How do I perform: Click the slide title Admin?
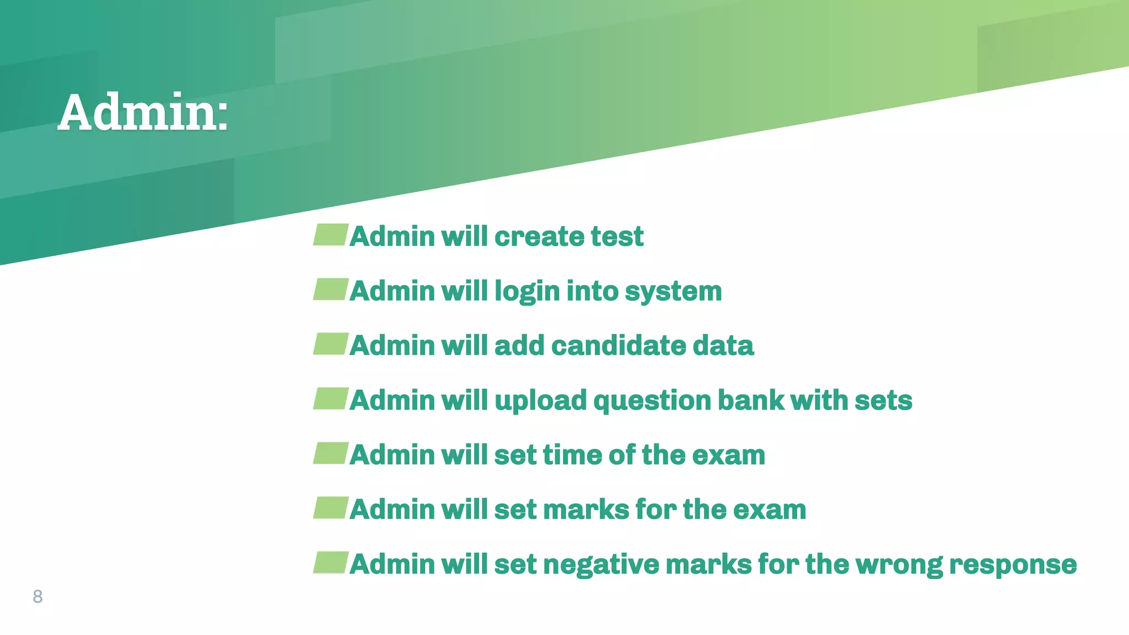point(143,112)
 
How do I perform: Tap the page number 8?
point(37,596)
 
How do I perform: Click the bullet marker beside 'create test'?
point(331,235)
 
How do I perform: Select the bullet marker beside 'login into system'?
point(331,289)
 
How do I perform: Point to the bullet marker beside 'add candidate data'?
point(331,344)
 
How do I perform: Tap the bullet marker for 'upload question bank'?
point(331,399)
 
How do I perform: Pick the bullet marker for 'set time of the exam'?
point(331,453)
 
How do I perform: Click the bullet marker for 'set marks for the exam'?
point(331,508)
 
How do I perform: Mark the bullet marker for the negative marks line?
point(331,562)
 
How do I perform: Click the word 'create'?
point(539,236)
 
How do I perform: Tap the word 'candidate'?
point(618,346)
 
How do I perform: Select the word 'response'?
point(1012,564)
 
